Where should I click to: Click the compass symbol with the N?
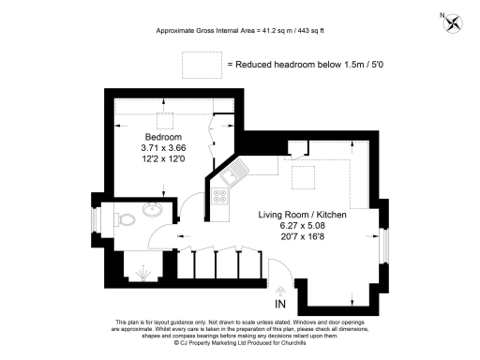(x=454, y=21)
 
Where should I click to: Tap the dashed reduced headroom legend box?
(x=198, y=65)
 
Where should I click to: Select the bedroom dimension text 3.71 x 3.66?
(x=164, y=147)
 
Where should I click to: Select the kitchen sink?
(x=235, y=171)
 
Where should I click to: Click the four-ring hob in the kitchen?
(x=222, y=197)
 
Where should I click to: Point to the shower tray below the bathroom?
(x=142, y=270)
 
